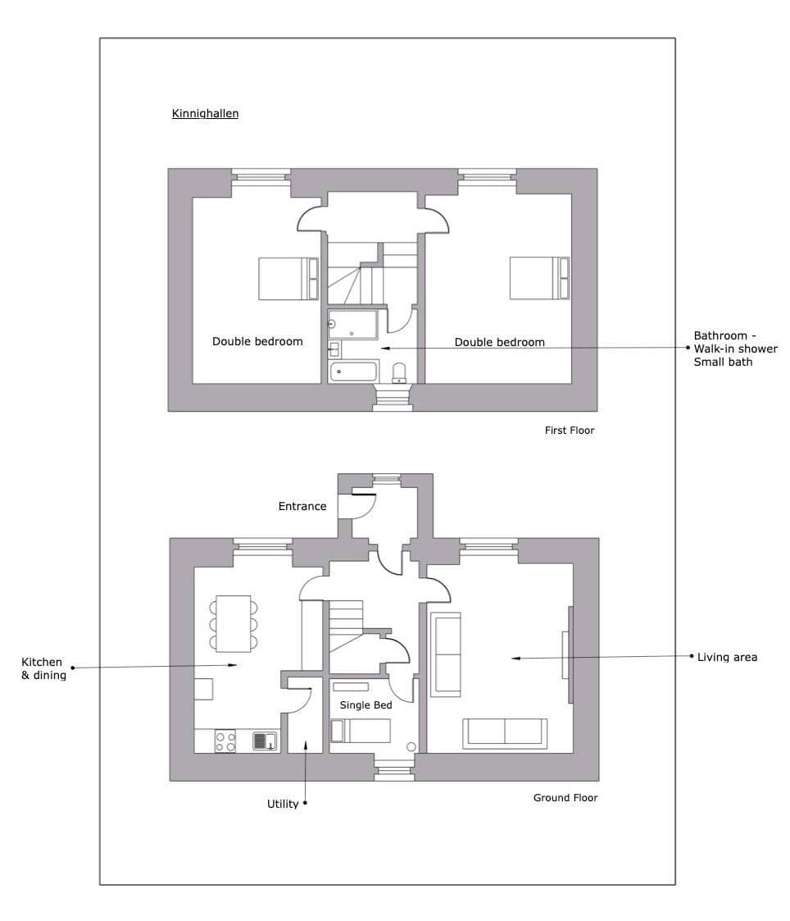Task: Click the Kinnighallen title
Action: point(205,113)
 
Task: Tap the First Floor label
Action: point(570,430)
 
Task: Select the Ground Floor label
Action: point(565,798)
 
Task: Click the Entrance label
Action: point(302,506)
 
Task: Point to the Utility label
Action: point(283,804)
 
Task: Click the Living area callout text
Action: point(727,657)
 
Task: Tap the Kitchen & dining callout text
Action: point(43,668)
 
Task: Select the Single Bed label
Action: point(365,704)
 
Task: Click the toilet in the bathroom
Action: point(399,373)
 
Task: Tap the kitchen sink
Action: point(265,741)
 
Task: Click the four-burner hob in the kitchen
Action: point(225,741)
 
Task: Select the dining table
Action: point(234,624)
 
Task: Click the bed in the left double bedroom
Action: point(288,278)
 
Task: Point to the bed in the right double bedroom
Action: point(539,278)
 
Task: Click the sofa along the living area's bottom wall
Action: point(505,734)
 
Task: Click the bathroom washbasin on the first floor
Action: point(334,349)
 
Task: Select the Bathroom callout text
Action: point(735,349)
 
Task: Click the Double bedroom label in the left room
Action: point(257,341)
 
